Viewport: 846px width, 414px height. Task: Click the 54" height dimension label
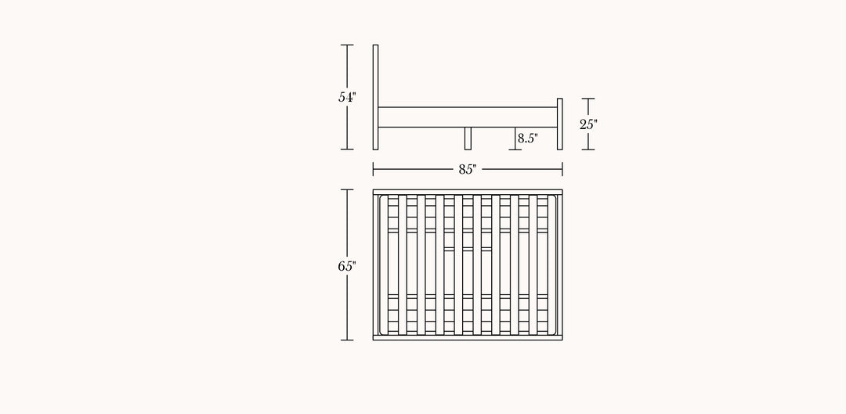pos(347,98)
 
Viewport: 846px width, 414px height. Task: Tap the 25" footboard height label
pos(588,124)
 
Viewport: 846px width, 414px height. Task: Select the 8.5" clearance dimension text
pos(528,138)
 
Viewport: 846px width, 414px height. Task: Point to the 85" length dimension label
pos(468,169)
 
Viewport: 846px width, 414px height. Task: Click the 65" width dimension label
pos(347,266)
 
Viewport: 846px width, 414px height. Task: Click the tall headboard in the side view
pos(375,97)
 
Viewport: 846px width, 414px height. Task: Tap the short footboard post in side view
pos(559,124)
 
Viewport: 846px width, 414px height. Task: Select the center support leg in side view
pos(468,139)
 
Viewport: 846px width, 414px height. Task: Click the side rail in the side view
pos(468,117)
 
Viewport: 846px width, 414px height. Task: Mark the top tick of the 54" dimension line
pos(347,45)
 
